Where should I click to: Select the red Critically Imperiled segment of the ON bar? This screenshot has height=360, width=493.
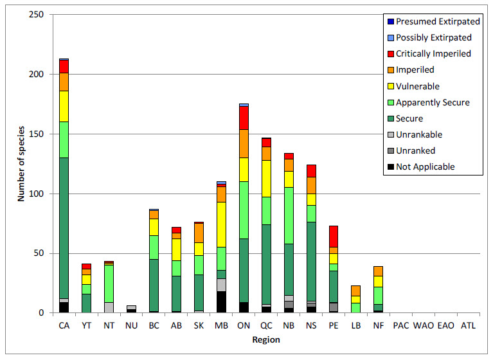pos(244,118)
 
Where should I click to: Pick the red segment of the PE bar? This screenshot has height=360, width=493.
pos(334,236)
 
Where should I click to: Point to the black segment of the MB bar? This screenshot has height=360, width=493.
pos(221,302)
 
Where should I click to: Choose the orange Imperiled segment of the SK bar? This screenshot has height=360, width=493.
pos(199,233)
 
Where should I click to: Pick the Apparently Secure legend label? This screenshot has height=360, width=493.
pos(433,102)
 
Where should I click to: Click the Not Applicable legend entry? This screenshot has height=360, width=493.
pos(425,166)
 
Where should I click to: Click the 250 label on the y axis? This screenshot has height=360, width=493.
pos(36,15)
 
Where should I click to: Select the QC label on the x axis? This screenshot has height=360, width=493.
pos(266,326)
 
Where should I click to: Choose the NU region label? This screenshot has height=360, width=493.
pos(131,326)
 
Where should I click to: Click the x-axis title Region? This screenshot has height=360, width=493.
pos(266,339)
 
